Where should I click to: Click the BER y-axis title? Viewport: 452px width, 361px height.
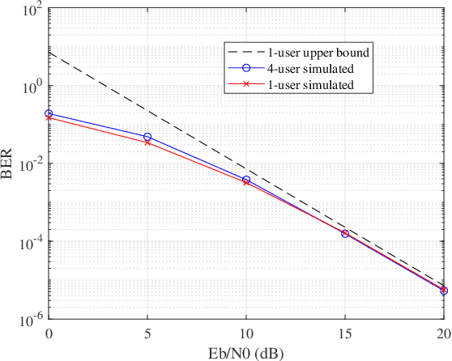pyautogui.click(x=9, y=164)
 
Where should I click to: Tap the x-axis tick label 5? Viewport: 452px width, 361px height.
pyautogui.click(x=147, y=333)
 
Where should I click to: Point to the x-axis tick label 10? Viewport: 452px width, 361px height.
pyautogui.click(x=246, y=333)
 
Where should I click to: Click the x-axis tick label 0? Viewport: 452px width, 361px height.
pyautogui.click(x=49, y=333)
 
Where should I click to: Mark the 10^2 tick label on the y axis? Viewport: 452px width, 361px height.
pyautogui.click(x=32, y=10)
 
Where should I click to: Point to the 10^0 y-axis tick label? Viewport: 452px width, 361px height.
pyautogui.click(x=32, y=87)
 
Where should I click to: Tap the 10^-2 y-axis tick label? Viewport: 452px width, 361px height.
pyautogui.click(x=30, y=164)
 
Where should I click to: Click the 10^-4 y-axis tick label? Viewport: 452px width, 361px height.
pyautogui.click(x=30, y=242)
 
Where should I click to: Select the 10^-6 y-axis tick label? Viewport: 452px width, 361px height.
pyautogui.click(x=30, y=320)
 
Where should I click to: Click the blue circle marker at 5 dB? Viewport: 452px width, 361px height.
pyautogui.click(x=147, y=137)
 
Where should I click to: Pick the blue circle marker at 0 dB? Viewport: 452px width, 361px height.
pyautogui.click(x=49, y=114)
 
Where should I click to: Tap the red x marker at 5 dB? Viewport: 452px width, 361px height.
pyautogui.click(x=147, y=142)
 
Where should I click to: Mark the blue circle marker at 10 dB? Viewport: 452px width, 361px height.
pyautogui.click(x=246, y=180)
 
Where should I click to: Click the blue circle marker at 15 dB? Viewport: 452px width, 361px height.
pyautogui.click(x=345, y=233)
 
